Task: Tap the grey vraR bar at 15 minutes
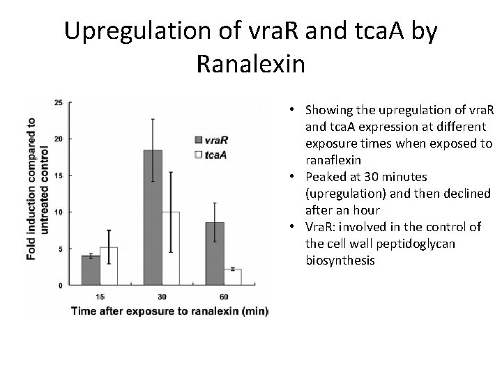point(91,270)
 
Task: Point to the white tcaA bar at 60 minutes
point(233,276)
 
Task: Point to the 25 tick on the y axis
point(59,102)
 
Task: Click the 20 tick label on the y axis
point(59,139)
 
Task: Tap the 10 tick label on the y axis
point(59,212)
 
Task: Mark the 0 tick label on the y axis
point(61,285)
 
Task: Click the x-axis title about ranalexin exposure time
point(169,311)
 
